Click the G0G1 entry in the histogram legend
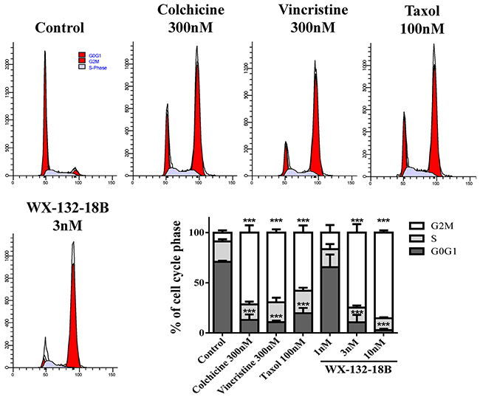[x=95, y=55]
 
